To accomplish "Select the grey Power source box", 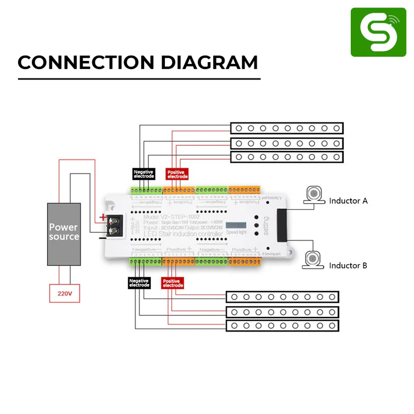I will (x=64, y=233).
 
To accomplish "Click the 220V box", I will (x=64, y=294).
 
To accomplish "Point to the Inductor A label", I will (x=348, y=201).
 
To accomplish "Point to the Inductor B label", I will (x=348, y=265).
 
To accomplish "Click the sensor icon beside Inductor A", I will (x=314, y=194).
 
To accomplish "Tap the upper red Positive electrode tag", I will (x=177, y=174).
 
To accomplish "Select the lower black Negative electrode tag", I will (x=139, y=283).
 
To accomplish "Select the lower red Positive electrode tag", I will (x=172, y=283).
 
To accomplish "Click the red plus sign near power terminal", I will (x=103, y=218).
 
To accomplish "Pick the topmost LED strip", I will (x=287, y=128).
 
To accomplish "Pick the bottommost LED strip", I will (x=282, y=326).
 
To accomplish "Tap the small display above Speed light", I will (x=235, y=225).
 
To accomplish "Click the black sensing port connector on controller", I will (x=283, y=226).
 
